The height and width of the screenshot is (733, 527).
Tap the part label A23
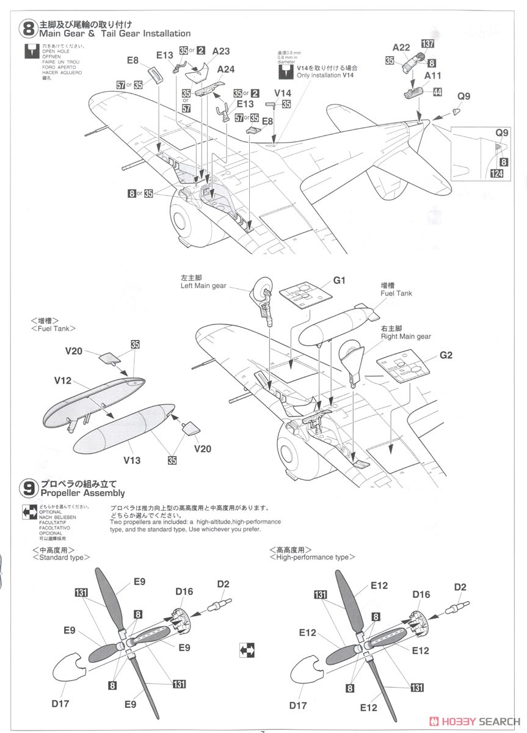(221, 52)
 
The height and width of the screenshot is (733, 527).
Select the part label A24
(226, 69)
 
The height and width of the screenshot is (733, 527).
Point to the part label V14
(283, 93)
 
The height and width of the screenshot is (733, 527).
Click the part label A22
(401, 47)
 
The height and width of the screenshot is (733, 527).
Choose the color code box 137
(427, 43)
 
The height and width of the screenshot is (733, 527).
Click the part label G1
(340, 280)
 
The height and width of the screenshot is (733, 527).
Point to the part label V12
(63, 381)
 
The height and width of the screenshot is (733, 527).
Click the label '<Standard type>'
(60, 558)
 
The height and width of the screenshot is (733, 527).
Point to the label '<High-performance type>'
(311, 557)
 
